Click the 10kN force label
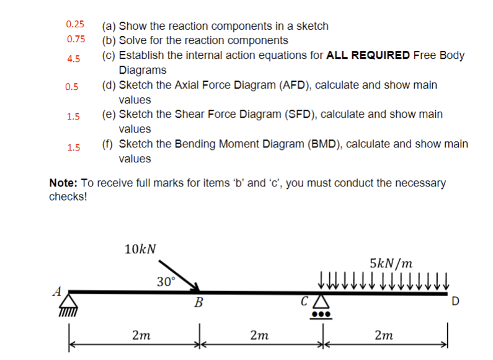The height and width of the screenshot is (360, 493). [140, 249]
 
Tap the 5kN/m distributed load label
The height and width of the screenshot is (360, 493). [391, 263]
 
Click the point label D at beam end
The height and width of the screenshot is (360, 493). [456, 302]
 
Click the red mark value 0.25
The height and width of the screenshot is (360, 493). [75, 24]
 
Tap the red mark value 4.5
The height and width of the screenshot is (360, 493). [73, 59]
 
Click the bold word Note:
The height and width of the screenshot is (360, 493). [62, 183]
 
